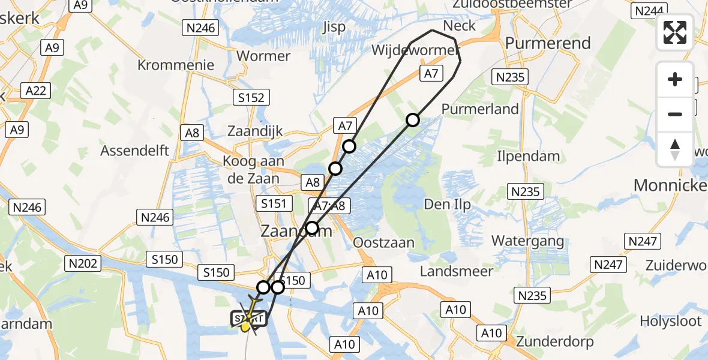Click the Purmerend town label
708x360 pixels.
pyautogui.click(x=548, y=43)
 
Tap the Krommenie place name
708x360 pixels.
pyautogui.click(x=176, y=65)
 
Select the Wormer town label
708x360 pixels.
pyautogui.click(x=263, y=56)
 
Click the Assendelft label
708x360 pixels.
pyautogui.click(x=135, y=150)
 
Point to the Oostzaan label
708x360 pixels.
pyautogui.click(x=384, y=242)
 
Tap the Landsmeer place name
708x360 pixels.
pyautogui.click(x=456, y=271)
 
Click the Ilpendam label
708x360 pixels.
pyautogui.click(x=528, y=157)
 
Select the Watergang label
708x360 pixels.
pyautogui.click(x=527, y=241)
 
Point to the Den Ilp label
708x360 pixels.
pyautogui.click(x=447, y=205)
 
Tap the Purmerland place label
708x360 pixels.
pyautogui.click(x=480, y=109)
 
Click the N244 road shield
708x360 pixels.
pyautogui.click(x=649, y=11)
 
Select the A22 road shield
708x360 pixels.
pyautogui.click(x=37, y=91)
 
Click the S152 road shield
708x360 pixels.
pyautogui.click(x=251, y=98)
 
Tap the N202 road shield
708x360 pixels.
pyautogui.click(x=83, y=263)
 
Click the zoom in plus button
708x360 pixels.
pyautogui.click(x=675, y=80)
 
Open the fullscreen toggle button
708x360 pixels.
pyautogui.click(x=675, y=32)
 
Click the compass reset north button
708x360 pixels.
pyautogui.click(x=675, y=149)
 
